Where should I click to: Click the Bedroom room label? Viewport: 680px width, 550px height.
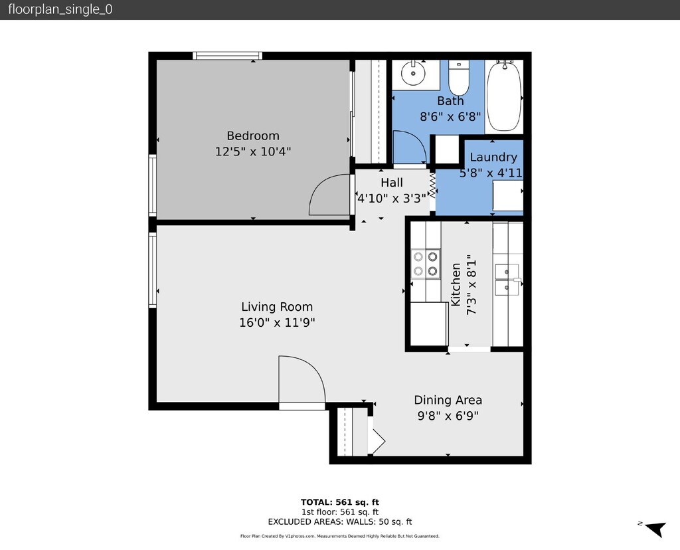(253, 136)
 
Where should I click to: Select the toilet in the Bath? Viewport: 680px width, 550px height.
(458, 78)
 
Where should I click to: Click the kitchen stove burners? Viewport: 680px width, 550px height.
(426, 264)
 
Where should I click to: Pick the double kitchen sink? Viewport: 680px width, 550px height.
(507, 280)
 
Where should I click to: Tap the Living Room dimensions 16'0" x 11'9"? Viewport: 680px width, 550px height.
(277, 323)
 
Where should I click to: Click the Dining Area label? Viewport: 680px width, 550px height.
(448, 400)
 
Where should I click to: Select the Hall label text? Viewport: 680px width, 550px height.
(392, 183)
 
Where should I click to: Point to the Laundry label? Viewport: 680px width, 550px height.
(493, 157)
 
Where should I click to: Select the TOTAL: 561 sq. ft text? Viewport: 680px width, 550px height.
(340, 502)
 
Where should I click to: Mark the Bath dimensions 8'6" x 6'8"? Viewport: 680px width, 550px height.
(450, 117)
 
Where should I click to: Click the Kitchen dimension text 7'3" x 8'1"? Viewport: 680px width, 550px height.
(471, 284)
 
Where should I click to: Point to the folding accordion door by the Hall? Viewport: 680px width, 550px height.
(432, 185)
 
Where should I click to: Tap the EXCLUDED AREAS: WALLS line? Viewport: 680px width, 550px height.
(340, 522)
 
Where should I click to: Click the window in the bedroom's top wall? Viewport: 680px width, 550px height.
(227, 56)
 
